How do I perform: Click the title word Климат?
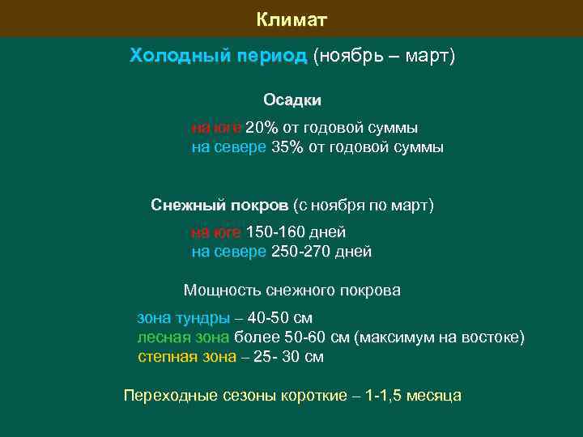[291, 19]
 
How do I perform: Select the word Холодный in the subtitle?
[169, 57]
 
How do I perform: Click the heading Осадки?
[291, 100]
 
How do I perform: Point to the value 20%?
[261, 128]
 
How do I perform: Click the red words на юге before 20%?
[215, 128]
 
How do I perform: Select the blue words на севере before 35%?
[228, 147]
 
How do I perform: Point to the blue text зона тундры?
[182, 317]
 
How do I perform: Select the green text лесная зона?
[183, 337]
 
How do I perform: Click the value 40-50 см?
[280, 317]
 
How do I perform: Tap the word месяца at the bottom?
[434, 396]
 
